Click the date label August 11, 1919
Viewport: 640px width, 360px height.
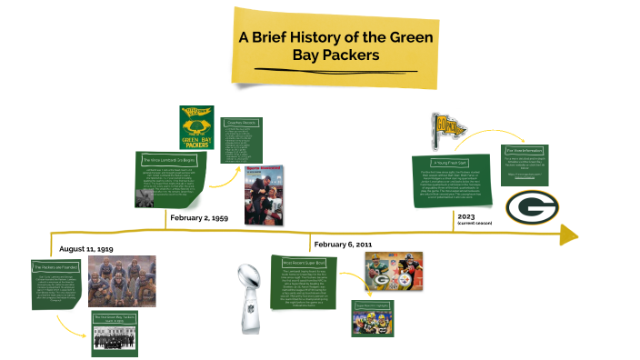pyautogui.click(x=85, y=248)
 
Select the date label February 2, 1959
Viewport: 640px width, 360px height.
pyautogui.click(x=198, y=218)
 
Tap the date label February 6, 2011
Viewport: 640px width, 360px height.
pyautogui.click(x=344, y=245)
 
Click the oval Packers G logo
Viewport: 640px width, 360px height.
pyautogui.click(x=533, y=208)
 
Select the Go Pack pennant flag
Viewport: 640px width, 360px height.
pyautogui.click(x=447, y=128)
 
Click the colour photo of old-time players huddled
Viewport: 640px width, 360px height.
pyautogui.click(x=122, y=281)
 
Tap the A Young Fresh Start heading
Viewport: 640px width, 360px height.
pyautogui.click(x=451, y=162)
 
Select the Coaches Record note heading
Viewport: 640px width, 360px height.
pyautogui.click(x=240, y=123)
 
